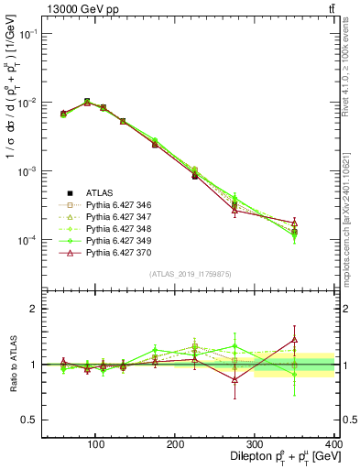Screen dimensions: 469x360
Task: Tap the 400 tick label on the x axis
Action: point(332,444)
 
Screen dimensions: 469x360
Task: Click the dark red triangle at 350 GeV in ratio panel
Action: point(321,340)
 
